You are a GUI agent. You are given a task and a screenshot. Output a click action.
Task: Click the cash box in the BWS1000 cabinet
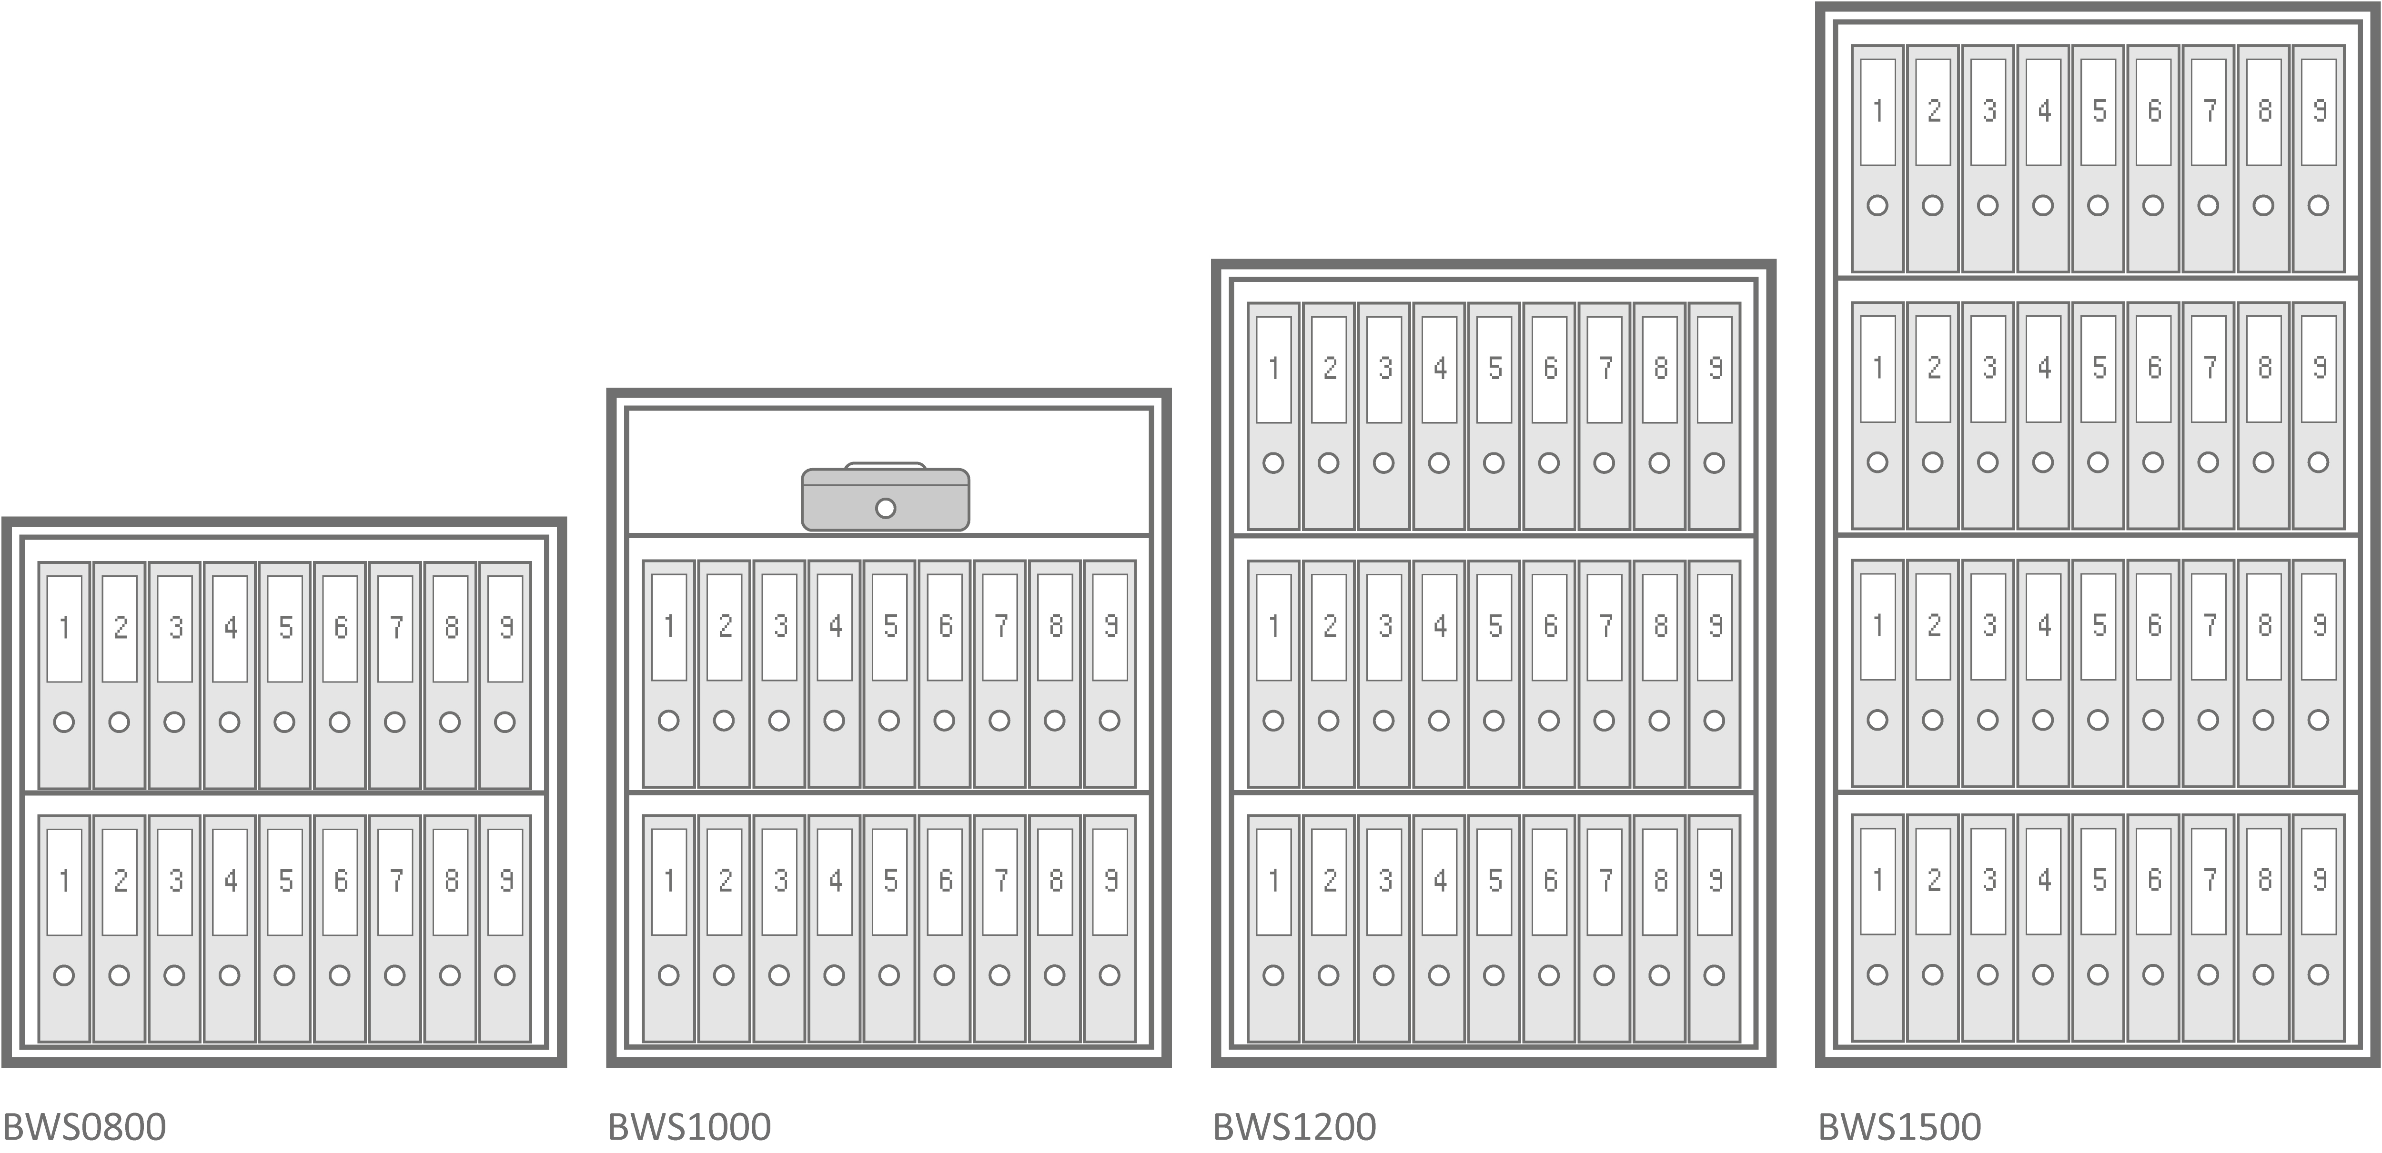tap(885, 498)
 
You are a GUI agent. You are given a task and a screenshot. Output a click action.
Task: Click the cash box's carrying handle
tap(885, 465)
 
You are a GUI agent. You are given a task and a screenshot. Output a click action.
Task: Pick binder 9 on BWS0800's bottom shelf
tap(505, 928)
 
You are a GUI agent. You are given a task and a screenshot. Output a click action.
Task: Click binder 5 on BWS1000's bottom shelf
tap(889, 928)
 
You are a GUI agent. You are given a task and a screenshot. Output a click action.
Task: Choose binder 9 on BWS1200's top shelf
tap(1715, 416)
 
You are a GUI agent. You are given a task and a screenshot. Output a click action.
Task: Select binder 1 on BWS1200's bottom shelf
tap(1273, 928)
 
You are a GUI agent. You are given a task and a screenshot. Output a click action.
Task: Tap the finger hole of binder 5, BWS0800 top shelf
tap(285, 722)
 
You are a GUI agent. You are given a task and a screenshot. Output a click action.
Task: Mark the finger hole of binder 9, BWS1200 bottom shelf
tap(1715, 975)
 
